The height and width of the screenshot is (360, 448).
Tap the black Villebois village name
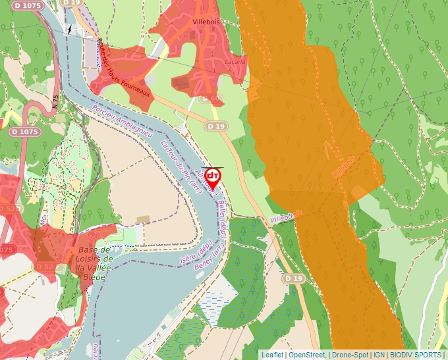click(x=204, y=21)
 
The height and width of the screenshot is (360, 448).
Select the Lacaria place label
click(x=235, y=61)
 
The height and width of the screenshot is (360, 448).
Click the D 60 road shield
click(x=210, y=98)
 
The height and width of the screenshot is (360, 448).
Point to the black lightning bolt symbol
click(x=69, y=30)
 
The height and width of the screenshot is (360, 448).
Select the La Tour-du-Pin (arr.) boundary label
click(x=180, y=162)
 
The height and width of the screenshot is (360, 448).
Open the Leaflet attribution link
click(x=272, y=355)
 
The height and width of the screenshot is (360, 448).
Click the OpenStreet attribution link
click(x=307, y=355)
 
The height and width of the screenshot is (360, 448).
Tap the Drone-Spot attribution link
click(x=350, y=355)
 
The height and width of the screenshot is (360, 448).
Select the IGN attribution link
click(x=379, y=355)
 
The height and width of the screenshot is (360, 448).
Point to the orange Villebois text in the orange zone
click(x=344, y=167)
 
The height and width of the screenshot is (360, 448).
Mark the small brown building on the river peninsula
click(x=142, y=219)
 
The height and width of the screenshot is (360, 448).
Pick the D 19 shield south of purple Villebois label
click(x=295, y=279)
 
